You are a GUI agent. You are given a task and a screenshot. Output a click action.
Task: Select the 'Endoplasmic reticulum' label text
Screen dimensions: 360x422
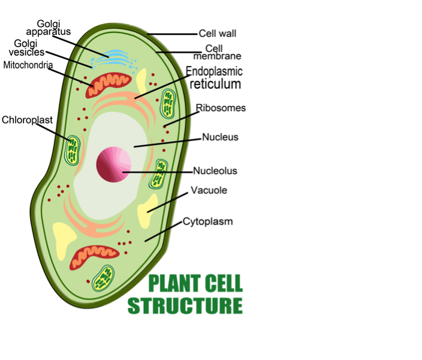215,78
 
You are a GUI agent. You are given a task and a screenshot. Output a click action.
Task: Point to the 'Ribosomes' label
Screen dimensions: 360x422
221,108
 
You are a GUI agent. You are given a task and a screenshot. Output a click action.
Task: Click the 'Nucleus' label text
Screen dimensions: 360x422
220,137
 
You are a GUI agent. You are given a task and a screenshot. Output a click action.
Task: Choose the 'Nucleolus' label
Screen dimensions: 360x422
215,171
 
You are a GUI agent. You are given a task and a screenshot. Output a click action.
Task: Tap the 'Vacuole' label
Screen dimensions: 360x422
209,191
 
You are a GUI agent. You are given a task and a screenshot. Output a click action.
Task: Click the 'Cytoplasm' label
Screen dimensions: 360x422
208,221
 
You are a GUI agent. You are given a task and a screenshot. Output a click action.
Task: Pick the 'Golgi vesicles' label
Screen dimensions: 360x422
30,47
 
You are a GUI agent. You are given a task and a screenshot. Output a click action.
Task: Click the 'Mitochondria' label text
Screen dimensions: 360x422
28,64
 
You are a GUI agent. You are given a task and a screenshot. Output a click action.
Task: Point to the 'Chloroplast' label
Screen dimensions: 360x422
28,120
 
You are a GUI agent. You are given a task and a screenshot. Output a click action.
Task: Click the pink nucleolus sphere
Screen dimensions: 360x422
114,164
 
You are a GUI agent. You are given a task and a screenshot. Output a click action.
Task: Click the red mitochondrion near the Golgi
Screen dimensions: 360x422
108,84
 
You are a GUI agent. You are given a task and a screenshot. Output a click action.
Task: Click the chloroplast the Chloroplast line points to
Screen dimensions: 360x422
74,150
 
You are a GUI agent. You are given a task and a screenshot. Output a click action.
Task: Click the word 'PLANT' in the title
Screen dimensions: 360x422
174,283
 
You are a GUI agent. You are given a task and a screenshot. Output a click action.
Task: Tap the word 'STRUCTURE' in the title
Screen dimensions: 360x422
185,305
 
